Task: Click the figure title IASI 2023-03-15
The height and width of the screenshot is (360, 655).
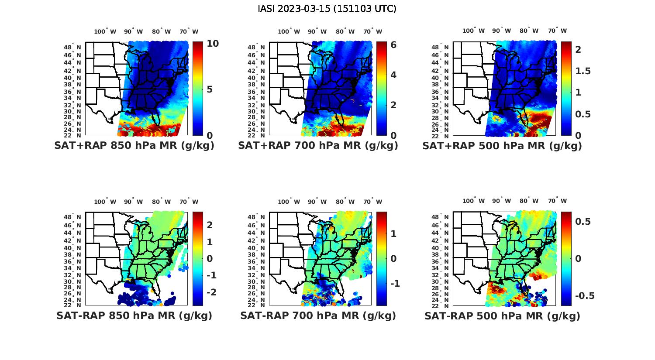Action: (327, 9)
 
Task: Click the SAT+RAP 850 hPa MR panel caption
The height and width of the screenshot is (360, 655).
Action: (134, 146)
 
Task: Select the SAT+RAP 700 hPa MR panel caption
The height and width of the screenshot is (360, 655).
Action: (318, 146)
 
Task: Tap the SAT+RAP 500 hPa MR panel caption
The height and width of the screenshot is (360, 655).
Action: (502, 146)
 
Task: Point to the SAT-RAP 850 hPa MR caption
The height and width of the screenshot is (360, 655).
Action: (134, 315)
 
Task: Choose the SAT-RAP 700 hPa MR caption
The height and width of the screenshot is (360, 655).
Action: (318, 315)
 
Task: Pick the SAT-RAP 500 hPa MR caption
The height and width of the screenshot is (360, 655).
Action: (502, 315)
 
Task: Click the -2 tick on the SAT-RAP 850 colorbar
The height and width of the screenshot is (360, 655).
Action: (211, 292)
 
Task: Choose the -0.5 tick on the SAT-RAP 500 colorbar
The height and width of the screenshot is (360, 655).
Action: (584, 296)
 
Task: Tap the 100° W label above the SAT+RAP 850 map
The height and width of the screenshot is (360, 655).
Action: (105, 31)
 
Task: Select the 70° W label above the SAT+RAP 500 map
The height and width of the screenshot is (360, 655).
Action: (557, 31)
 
